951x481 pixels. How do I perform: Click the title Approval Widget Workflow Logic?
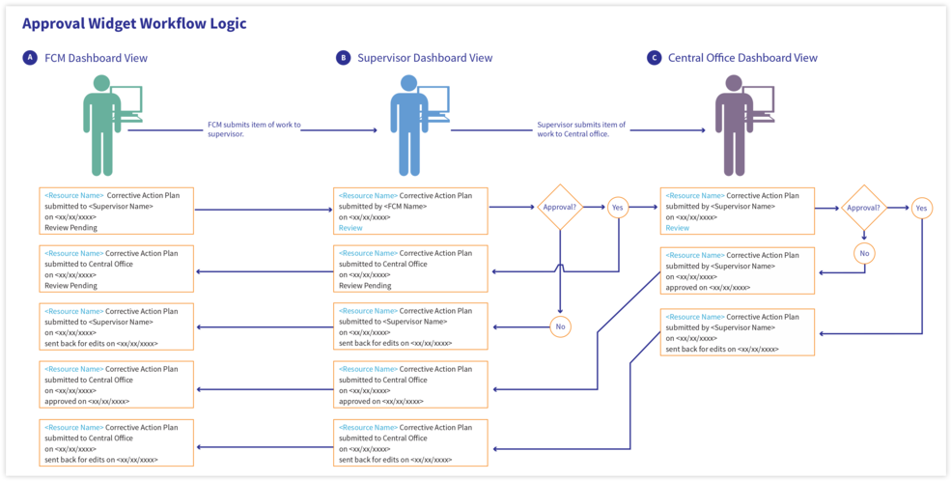click(x=134, y=24)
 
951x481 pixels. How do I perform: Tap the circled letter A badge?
click(x=29, y=58)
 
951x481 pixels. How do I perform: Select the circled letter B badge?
click(x=343, y=58)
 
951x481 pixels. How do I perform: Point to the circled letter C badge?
click(x=654, y=58)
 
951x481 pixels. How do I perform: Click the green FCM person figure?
click(x=102, y=126)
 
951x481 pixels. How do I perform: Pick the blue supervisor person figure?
click(x=408, y=126)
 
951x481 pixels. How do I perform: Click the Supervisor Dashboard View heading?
click(x=425, y=58)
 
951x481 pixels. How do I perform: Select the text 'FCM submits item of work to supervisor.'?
click(x=254, y=129)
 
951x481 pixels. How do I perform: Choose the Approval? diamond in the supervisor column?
click(x=560, y=207)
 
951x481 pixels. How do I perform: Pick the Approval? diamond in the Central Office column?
click(x=864, y=208)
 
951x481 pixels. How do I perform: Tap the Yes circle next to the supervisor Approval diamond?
click(x=617, y=207)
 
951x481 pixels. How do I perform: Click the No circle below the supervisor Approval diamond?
click(x=560, y=326)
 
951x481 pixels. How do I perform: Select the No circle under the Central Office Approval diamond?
click(x=864, y=252)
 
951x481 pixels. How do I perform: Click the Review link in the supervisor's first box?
click(x=350, y=227)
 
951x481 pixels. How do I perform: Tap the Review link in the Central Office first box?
click(x=678, y=228)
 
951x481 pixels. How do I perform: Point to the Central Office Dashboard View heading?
click(x=743, y=58)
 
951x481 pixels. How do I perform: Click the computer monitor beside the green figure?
click(x=126, y=103)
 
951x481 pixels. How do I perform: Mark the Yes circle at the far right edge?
click(x=921, y=208)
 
